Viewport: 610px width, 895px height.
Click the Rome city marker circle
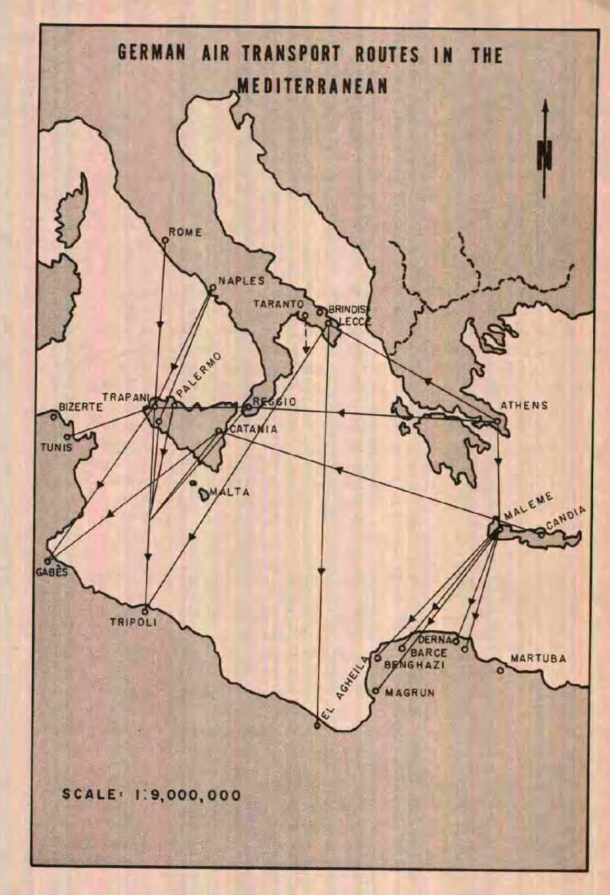165,240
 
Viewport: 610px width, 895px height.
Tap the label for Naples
241,280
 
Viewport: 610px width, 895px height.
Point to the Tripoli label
133,622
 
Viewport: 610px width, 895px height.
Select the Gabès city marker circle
47,561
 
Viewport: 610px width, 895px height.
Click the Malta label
229,492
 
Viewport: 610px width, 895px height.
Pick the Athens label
524,405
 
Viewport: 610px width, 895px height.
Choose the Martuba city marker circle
500,670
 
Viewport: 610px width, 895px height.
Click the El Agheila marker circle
317,725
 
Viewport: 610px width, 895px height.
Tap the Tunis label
56,448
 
